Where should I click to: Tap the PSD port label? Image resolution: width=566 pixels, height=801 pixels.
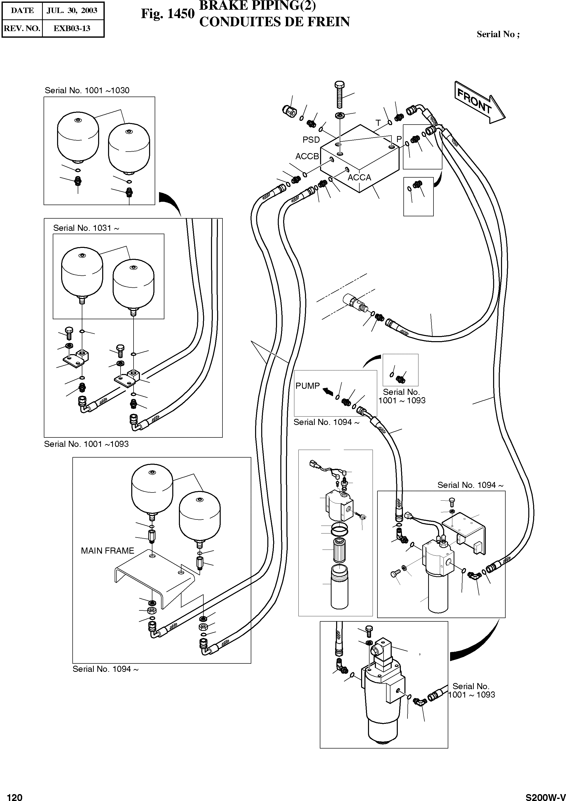[x=311, y=140]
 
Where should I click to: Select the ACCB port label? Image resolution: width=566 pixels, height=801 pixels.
[x=307, y=156]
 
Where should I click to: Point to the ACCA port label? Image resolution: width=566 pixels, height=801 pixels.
[x=359, y=178]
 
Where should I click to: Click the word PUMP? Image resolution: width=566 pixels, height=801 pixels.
[x=307, y=386]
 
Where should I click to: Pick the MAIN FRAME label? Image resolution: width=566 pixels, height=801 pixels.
[x=108, y=551]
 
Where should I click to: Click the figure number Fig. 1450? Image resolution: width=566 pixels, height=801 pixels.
[x=167, y=14]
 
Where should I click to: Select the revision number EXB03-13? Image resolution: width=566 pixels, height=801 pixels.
[x=72, y=28]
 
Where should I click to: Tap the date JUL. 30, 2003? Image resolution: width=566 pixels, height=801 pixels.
[x=72, y=10]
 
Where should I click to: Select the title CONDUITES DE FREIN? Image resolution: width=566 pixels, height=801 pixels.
[x=274, y=22]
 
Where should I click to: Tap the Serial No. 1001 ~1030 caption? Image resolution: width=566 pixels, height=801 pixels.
[x=87, y=91]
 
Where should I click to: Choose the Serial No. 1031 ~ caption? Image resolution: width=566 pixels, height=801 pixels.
[x=86, y=228]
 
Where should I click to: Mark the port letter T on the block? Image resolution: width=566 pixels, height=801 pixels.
[x=378, y=123]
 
